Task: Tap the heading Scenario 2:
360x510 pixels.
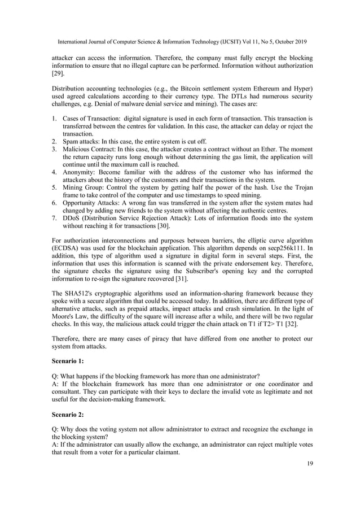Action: click(69, 413)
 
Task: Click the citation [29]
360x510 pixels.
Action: click(58, 73)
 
